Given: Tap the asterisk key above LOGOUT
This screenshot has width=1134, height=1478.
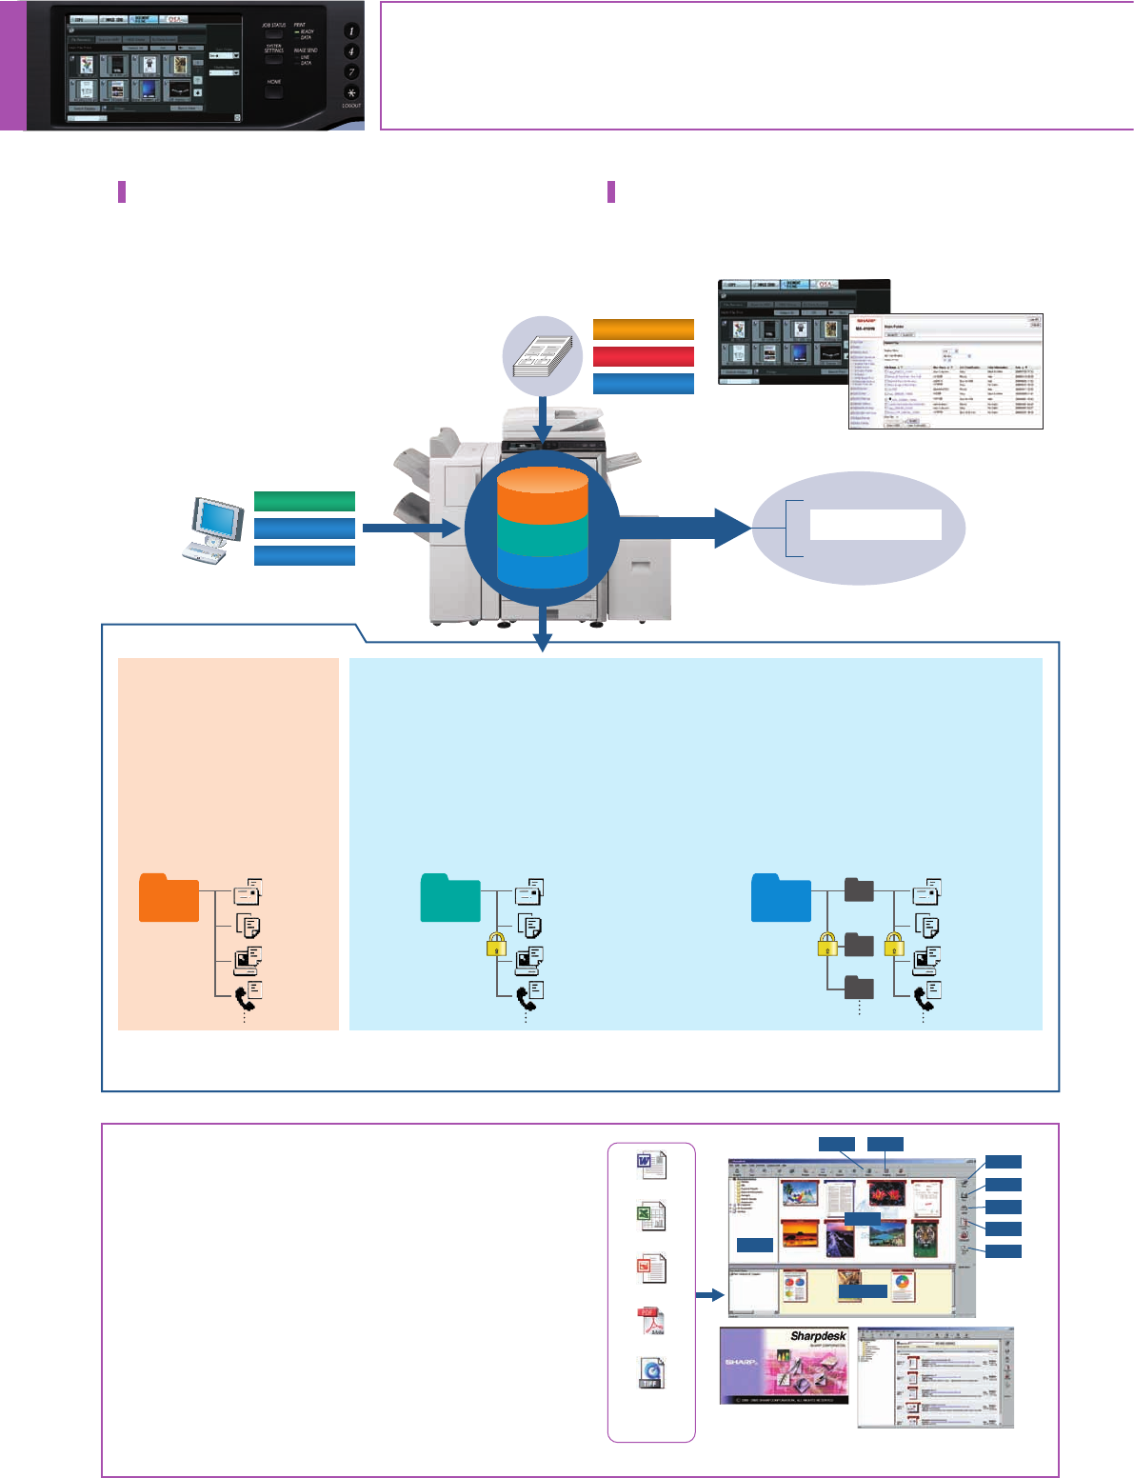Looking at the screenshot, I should point(351,91).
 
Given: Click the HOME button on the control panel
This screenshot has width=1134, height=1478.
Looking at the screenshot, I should point(274,92).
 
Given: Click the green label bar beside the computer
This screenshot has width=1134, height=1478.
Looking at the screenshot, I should point(305,501).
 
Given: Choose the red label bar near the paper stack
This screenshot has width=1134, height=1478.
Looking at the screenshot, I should point(644,356).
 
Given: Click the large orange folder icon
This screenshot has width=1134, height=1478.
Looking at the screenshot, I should point(169,897).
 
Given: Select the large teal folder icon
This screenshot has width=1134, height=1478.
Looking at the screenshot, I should point(450,897).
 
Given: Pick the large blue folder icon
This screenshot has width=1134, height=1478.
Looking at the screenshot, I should point(781,897).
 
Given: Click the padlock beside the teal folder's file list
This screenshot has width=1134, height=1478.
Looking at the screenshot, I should point(496,945).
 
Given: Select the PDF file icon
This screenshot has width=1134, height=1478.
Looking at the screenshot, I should point(651,1322).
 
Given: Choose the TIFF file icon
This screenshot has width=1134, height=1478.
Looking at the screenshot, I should point(651,1373).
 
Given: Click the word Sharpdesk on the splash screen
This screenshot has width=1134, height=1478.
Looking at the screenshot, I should point(817,1337).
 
